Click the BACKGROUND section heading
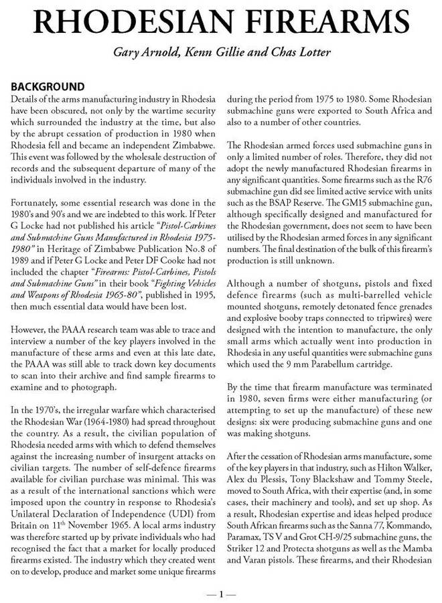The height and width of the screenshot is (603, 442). (47, 87)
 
